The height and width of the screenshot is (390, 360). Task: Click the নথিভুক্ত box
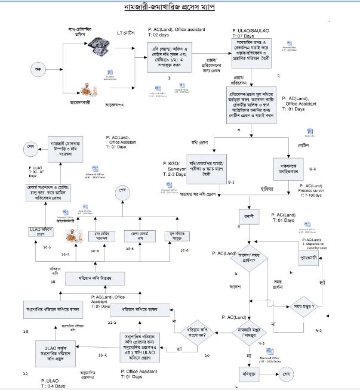[x=248, y=374]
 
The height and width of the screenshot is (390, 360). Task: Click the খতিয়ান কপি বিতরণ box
[x=88, y=279]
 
